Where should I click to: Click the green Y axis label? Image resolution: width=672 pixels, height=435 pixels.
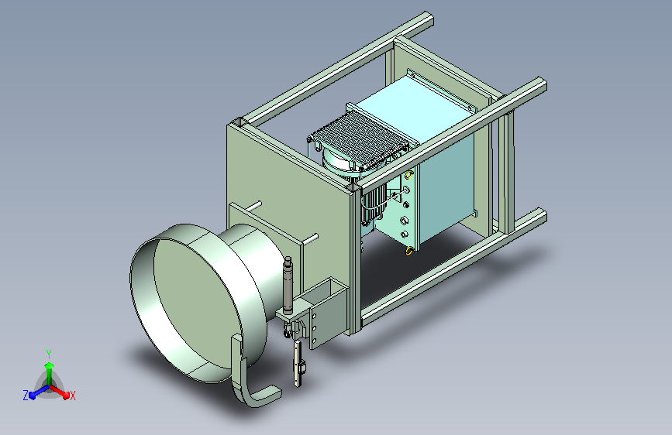(49, 354)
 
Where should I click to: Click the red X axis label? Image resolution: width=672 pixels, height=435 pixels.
(72, 396)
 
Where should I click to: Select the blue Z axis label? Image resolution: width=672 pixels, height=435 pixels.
(26, 396)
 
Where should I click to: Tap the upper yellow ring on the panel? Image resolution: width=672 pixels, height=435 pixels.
(408, 175)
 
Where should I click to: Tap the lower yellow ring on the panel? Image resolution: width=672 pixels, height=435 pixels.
(408, 251)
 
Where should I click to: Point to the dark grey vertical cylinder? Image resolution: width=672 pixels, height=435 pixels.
(288, 284)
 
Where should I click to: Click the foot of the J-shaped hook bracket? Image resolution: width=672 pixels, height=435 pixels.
(265, 396)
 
